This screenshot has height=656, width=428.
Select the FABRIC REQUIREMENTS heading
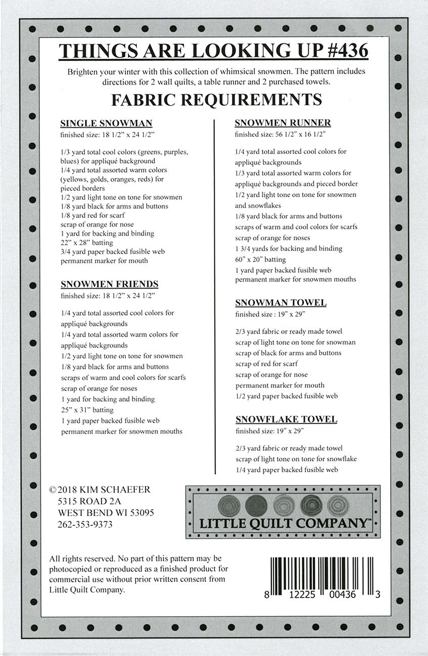pos(216,99)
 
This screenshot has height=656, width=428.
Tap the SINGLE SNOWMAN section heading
pos(106,123)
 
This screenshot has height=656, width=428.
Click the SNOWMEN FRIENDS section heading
pos(109,284)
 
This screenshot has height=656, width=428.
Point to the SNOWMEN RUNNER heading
pos(283,123)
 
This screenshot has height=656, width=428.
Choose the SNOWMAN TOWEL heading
pos(281,303)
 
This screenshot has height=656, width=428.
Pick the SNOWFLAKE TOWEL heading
pos(286,419)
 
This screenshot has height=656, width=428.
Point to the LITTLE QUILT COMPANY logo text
pos(283,523)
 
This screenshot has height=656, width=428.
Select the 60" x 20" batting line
pos(261,259)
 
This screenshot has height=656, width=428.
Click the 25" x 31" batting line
pos(87,410)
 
